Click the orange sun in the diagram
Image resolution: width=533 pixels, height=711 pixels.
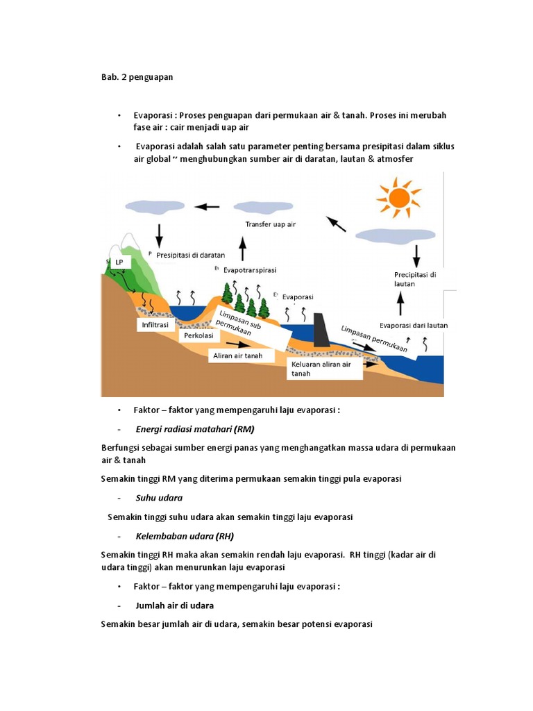[x=398, y=198]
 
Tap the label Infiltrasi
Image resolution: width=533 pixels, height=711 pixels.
[x=156, y=324]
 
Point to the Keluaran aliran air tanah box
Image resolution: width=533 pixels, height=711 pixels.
[x=325, y=369]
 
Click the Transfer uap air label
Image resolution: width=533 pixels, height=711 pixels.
[x=271, y=224]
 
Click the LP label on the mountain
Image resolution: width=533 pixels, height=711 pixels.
[x=120, y=262]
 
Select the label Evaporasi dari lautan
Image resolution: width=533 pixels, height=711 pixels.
[x=414, y=325]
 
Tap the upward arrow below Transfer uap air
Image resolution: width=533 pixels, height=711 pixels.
[x=242, y=248]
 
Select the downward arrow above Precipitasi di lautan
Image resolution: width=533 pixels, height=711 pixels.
[x=416, y=257]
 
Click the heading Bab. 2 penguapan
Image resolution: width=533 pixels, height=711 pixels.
[x=137, y=77]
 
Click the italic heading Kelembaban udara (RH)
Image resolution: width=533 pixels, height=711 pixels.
[x=185, y=536]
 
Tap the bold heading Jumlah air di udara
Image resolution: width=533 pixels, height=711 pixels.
[x=174, y=605]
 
